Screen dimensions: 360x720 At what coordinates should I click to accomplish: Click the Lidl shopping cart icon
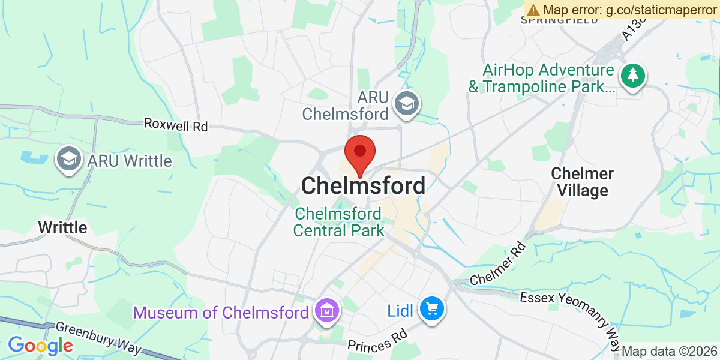click(431, 310)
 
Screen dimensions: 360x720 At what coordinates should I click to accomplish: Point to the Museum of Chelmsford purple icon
click(327, 311)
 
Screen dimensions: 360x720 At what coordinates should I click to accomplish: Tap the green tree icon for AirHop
click(632, 76)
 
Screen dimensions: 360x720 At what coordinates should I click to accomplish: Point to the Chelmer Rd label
click(498, 264)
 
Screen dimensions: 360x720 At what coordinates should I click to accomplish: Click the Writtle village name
click(62, 228)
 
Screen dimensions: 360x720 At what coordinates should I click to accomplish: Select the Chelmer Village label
click(582, 182)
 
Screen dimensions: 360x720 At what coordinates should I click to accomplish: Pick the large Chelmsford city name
click(363, 186)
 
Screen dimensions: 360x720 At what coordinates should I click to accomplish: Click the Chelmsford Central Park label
click(338, 222)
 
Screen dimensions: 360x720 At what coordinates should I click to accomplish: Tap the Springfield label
click(559, 20)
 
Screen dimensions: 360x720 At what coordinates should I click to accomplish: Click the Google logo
click(40, 346)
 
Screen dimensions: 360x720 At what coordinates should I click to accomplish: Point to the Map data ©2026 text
click(668, 351)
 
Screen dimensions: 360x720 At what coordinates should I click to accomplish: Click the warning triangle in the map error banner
click(533, 10)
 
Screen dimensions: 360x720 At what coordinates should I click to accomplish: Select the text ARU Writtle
click(129, 161)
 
